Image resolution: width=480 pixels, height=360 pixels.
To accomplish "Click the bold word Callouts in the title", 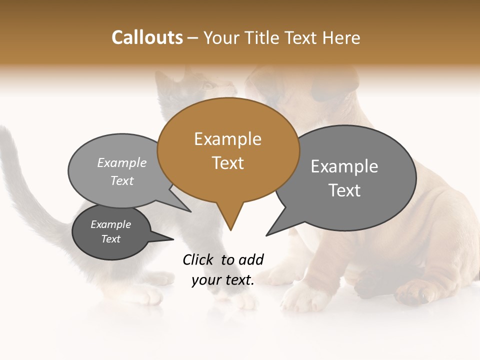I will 147,37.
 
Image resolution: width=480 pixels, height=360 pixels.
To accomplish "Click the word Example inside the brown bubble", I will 227,139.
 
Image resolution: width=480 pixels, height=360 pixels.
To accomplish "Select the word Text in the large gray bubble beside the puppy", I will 344,190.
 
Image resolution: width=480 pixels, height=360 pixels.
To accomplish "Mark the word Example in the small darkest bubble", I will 110,224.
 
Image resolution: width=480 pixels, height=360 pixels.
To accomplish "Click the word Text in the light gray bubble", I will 122,181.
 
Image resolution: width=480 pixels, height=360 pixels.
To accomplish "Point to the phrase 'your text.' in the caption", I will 223,280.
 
